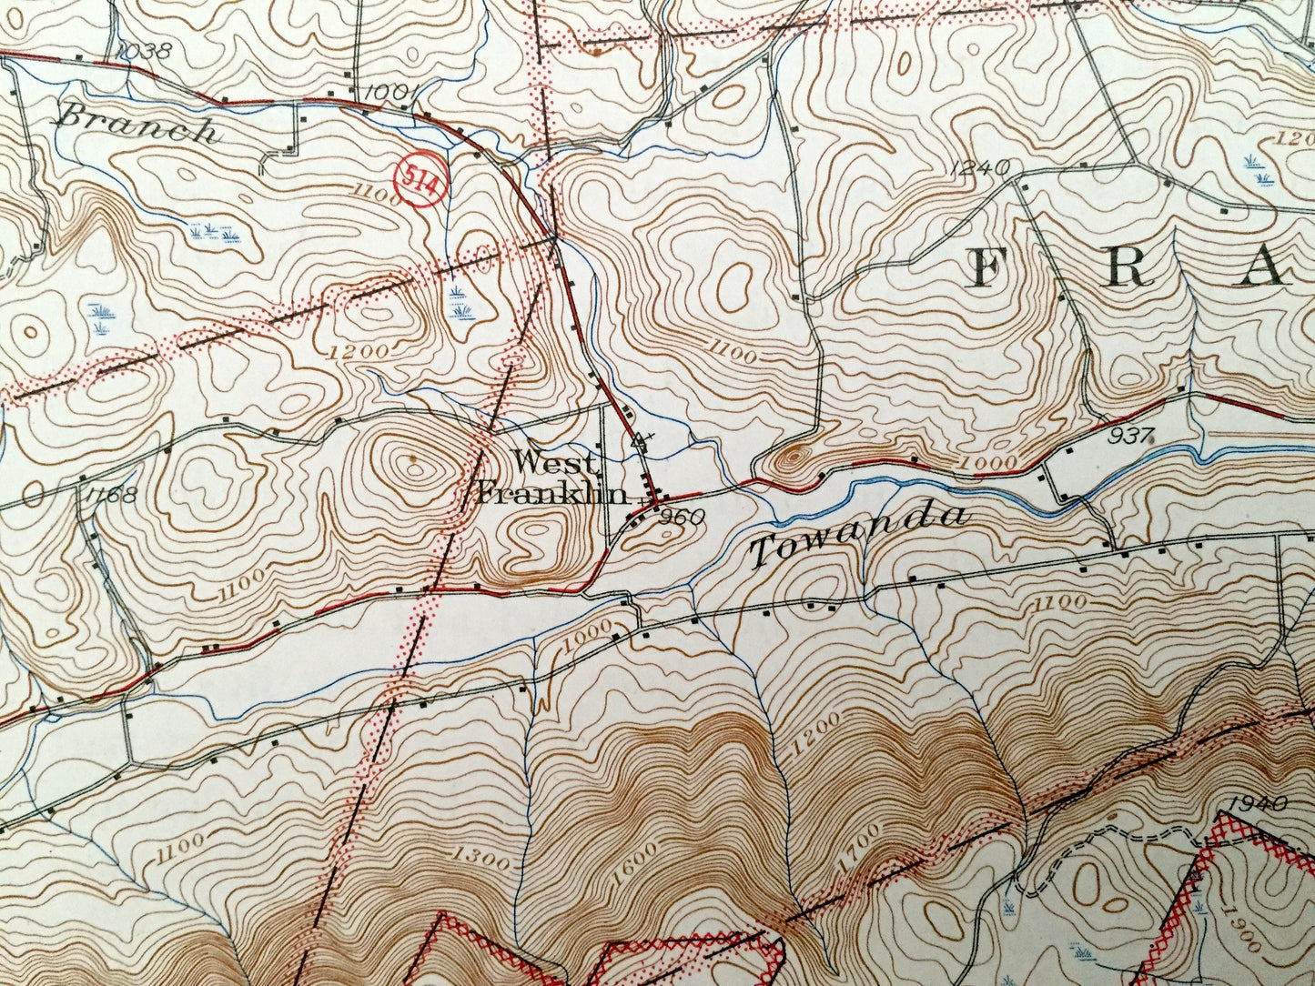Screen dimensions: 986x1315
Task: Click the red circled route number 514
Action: pyautogui.click(x=421, y=180)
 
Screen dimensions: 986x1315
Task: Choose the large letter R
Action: pyautogui.click(x=1126, y=269)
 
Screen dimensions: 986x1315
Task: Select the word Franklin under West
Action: pyautogui.click(x=553, y=494)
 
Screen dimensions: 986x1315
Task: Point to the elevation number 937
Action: pyautogui.click(x=1131, y=436)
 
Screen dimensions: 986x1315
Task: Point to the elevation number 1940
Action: pyautogui.click(x=1257, y=803)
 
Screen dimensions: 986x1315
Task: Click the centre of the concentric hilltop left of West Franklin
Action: pyautogui.click(x=414, y=465)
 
